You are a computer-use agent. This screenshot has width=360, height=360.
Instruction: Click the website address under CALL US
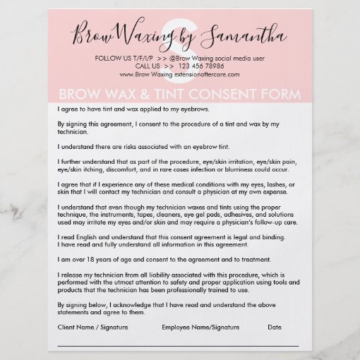[180, 73]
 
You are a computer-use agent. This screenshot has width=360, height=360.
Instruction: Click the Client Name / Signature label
[90, 328]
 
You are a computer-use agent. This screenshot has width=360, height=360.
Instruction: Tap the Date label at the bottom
[275, 328]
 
